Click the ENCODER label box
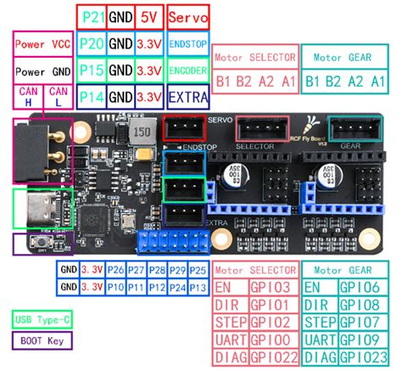[x=187, y=70]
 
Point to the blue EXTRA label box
[x=187, y=97]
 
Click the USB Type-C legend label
[x=42, y=319]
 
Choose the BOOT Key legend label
[x=39, y=341]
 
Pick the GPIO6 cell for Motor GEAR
[x=361, y=288]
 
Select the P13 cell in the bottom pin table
[x=198, y=287]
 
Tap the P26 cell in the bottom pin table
[x=115, y=270]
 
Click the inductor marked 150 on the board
[x=142, y=133]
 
